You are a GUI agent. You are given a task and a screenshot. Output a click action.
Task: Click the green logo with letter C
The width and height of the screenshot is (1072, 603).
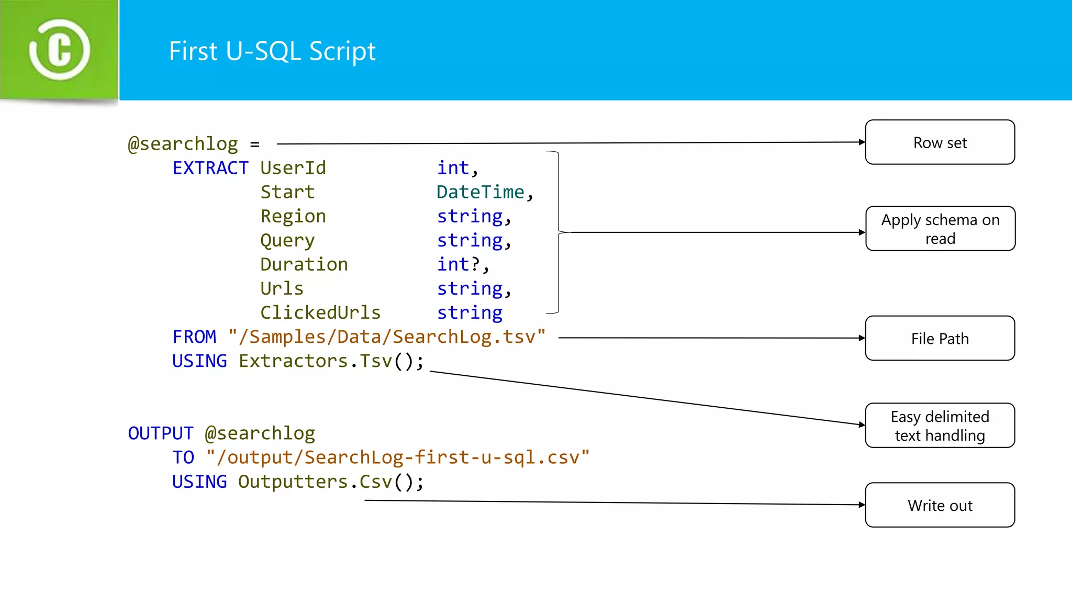click(59, 50)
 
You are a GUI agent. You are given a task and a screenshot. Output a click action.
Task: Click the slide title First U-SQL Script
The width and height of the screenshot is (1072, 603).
click(272, 51)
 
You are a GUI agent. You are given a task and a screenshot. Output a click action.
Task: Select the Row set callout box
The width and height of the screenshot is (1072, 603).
click(940, 142)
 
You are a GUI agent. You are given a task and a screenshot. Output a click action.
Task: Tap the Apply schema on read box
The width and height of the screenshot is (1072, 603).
click(940, 229)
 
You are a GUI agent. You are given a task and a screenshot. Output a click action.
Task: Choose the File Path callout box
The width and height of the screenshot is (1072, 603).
click(940, 338)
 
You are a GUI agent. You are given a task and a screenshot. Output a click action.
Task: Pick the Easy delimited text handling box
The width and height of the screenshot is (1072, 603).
click(940, 426)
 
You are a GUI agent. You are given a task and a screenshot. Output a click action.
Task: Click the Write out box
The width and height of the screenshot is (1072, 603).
click(940, 505)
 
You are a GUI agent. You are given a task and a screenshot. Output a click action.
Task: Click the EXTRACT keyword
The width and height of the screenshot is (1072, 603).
click(210, 168)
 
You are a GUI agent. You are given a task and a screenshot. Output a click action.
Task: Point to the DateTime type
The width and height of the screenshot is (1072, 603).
click(480, 192)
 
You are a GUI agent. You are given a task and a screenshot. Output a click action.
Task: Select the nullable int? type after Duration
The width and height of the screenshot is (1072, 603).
click(459, 264)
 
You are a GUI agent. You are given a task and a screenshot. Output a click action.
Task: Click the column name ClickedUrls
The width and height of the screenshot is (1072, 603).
click(320, 312)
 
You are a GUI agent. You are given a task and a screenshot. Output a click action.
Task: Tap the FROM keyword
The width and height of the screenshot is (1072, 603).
click(194, 337)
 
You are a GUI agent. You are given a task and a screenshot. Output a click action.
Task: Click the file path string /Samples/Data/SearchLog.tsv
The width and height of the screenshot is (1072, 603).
click(387, 337)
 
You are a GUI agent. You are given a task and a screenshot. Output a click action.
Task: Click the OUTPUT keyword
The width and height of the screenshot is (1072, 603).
click(161, 433)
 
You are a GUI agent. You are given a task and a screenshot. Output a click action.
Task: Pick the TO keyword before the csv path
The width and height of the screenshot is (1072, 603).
click(183, 457)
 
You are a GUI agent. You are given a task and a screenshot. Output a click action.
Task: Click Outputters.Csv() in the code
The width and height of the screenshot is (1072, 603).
click(325, 482)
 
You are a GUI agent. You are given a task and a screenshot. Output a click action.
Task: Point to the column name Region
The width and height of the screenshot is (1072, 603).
click(293, 216)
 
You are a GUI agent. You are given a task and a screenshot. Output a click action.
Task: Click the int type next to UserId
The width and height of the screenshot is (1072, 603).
click(453, 168)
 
